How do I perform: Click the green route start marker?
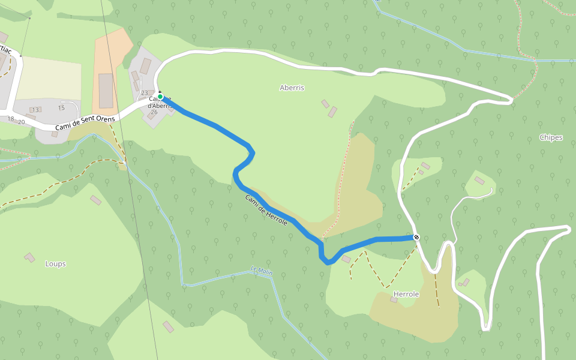pyautogui.click(x=160, y=96)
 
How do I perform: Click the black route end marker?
pyautogui.click(x=416, y=238)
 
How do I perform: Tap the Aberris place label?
pyautogui.click(x=292, y=88)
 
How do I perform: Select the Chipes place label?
pyautogui.click(x=551, y=137)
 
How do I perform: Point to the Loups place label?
pyautogui.click(x=55, y=263)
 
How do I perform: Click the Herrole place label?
pyautogui.click(x=406, y=294)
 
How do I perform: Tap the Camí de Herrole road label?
pyautogui.click(x=266, y=210)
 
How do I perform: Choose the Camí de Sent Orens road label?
pyautogui.click(x=85, y=122)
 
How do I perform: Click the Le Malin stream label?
pyautogui.click(x=262, y=271)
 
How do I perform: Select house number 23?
pyautogui.click(x=144, y=93)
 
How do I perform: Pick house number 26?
pyautogui.click(x=154, y=112)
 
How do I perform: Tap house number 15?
pyautogui.click(x=61, y=108)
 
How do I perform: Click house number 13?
pyautogui.click(x=35, y=110)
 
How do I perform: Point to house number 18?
pyautogui.click(x=10, y=119)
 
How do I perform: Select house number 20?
pyautogui.click(x=22, y=122)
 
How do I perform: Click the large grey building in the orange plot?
pyautogui.click(x=106, y=91)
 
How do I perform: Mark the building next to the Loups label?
pyautogui.click(x=29, y=257)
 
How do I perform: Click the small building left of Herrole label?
pyautogui.click(x=394, y=299)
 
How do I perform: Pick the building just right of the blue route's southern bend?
pyautogui.click(x=346, y=259)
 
